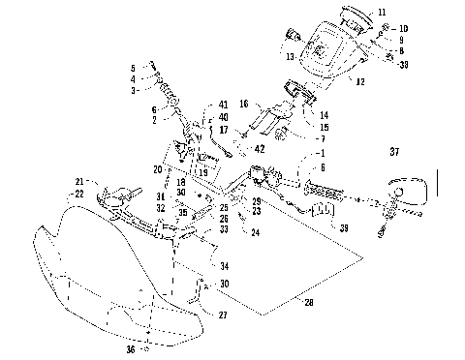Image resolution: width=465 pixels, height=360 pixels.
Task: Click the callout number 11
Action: pos(381,13)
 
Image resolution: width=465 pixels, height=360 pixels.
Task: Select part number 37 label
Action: pos(393,151)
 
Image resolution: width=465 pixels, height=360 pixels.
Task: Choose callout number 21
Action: pos(80,180)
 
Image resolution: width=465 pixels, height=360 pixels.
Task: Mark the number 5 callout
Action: pos(132,67)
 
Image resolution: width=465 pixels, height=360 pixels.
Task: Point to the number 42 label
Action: pos(259,149)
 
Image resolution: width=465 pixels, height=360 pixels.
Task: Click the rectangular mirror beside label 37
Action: pos(407,191)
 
